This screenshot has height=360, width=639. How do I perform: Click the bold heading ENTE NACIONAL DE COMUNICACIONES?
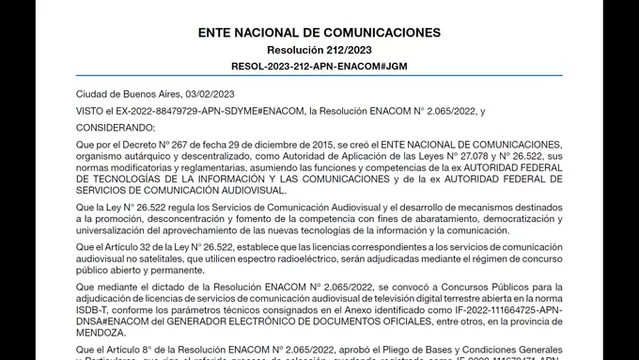pyautogui.click(x=319, y=32)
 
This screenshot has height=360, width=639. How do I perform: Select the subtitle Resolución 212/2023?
pyautogui.click(x=319, y=51)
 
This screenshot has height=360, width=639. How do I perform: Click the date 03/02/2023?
pyautogui.click(x=213, y=95)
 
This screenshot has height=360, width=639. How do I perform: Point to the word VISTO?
pyautogui.click(x=89, y=111)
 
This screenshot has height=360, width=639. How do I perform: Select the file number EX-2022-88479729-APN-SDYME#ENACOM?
pyautogui.click(x=206, y=111)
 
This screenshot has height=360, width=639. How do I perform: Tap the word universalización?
pyautogui.click(x=115, y=229)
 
